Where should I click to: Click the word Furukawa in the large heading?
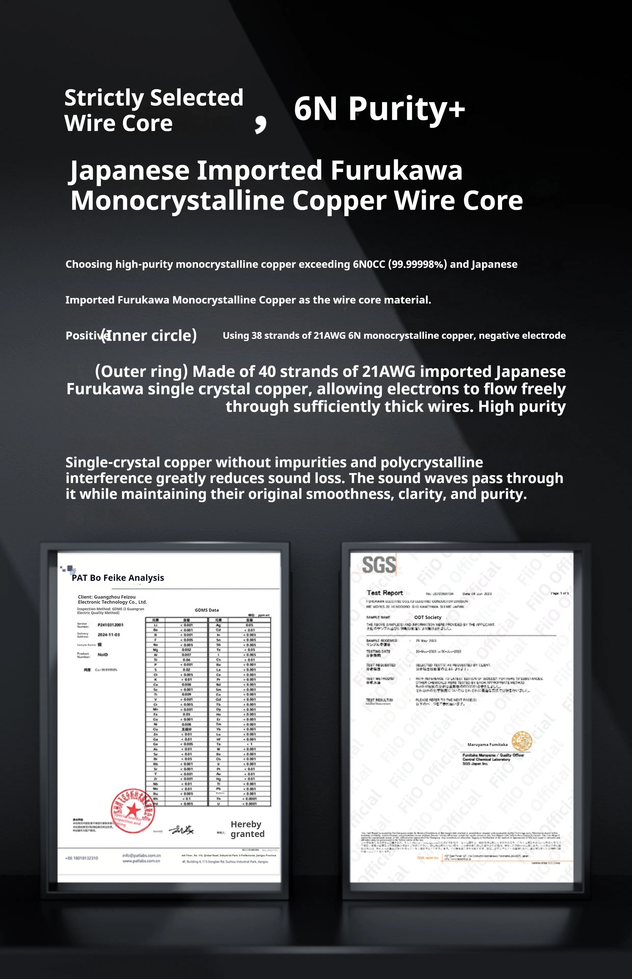397,170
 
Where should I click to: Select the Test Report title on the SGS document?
385,593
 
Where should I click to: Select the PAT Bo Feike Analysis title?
118,578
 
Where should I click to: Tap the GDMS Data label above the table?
207,610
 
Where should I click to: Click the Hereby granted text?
247,829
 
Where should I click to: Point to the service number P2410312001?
110,625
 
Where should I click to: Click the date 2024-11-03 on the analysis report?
109,635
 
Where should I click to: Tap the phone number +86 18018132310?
82,858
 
